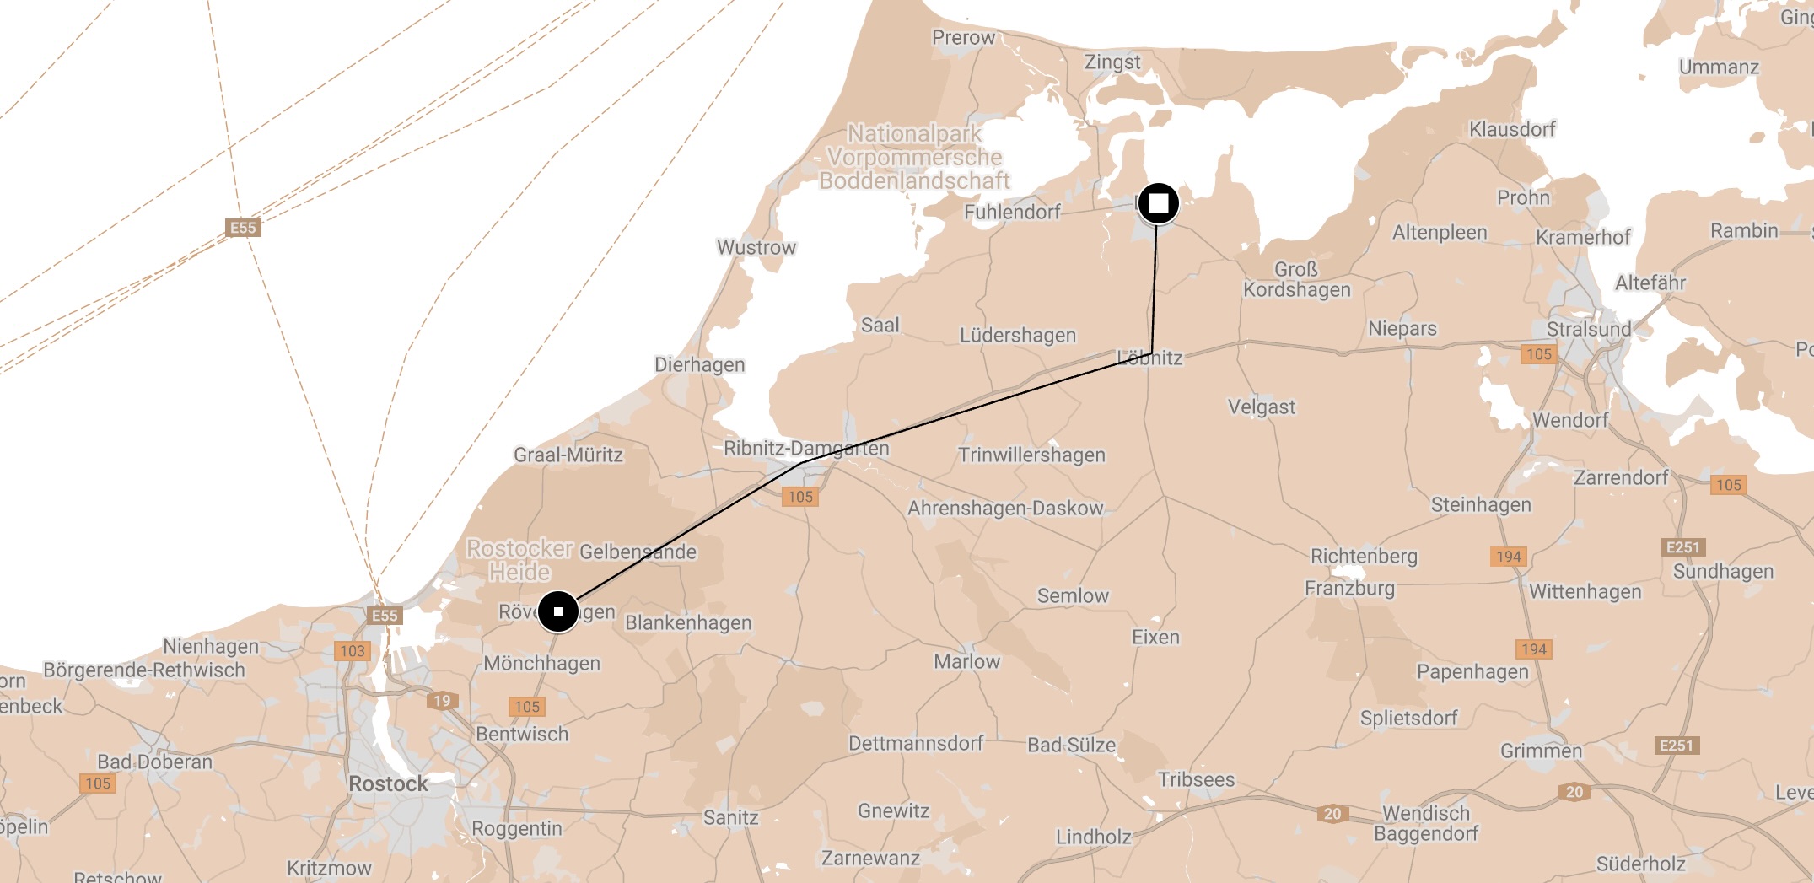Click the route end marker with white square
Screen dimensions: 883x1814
tap(1158, 203)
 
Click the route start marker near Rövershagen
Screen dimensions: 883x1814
tap(557, 611)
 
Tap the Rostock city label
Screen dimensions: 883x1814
tap(388, 783)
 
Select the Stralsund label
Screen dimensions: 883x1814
tap(1588, 329)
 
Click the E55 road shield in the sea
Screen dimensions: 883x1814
tap(243, 228)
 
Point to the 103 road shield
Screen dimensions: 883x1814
tap(353, 651)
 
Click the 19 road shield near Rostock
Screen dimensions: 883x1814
tap(442, 701)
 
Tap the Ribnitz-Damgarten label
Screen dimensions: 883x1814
tap(806, 449)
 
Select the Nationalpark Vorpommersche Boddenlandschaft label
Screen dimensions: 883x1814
tap(914, 158)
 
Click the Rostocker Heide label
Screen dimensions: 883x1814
tap(519, 560)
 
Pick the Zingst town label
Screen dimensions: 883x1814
tap(1112, 62)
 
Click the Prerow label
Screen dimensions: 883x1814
tap(963, 38)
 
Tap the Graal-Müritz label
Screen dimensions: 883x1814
tap(568, 455)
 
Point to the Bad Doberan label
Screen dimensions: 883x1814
tap(154, 762)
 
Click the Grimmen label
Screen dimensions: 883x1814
tap(1541, 751)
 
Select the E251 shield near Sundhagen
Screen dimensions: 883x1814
tap(1682, 547)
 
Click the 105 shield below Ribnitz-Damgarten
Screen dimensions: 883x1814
tap(800, 497)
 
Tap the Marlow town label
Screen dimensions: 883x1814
tap(966, 662)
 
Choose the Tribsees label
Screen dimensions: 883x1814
tap(1196, 780)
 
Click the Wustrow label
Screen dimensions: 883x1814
tap(756, 248)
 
